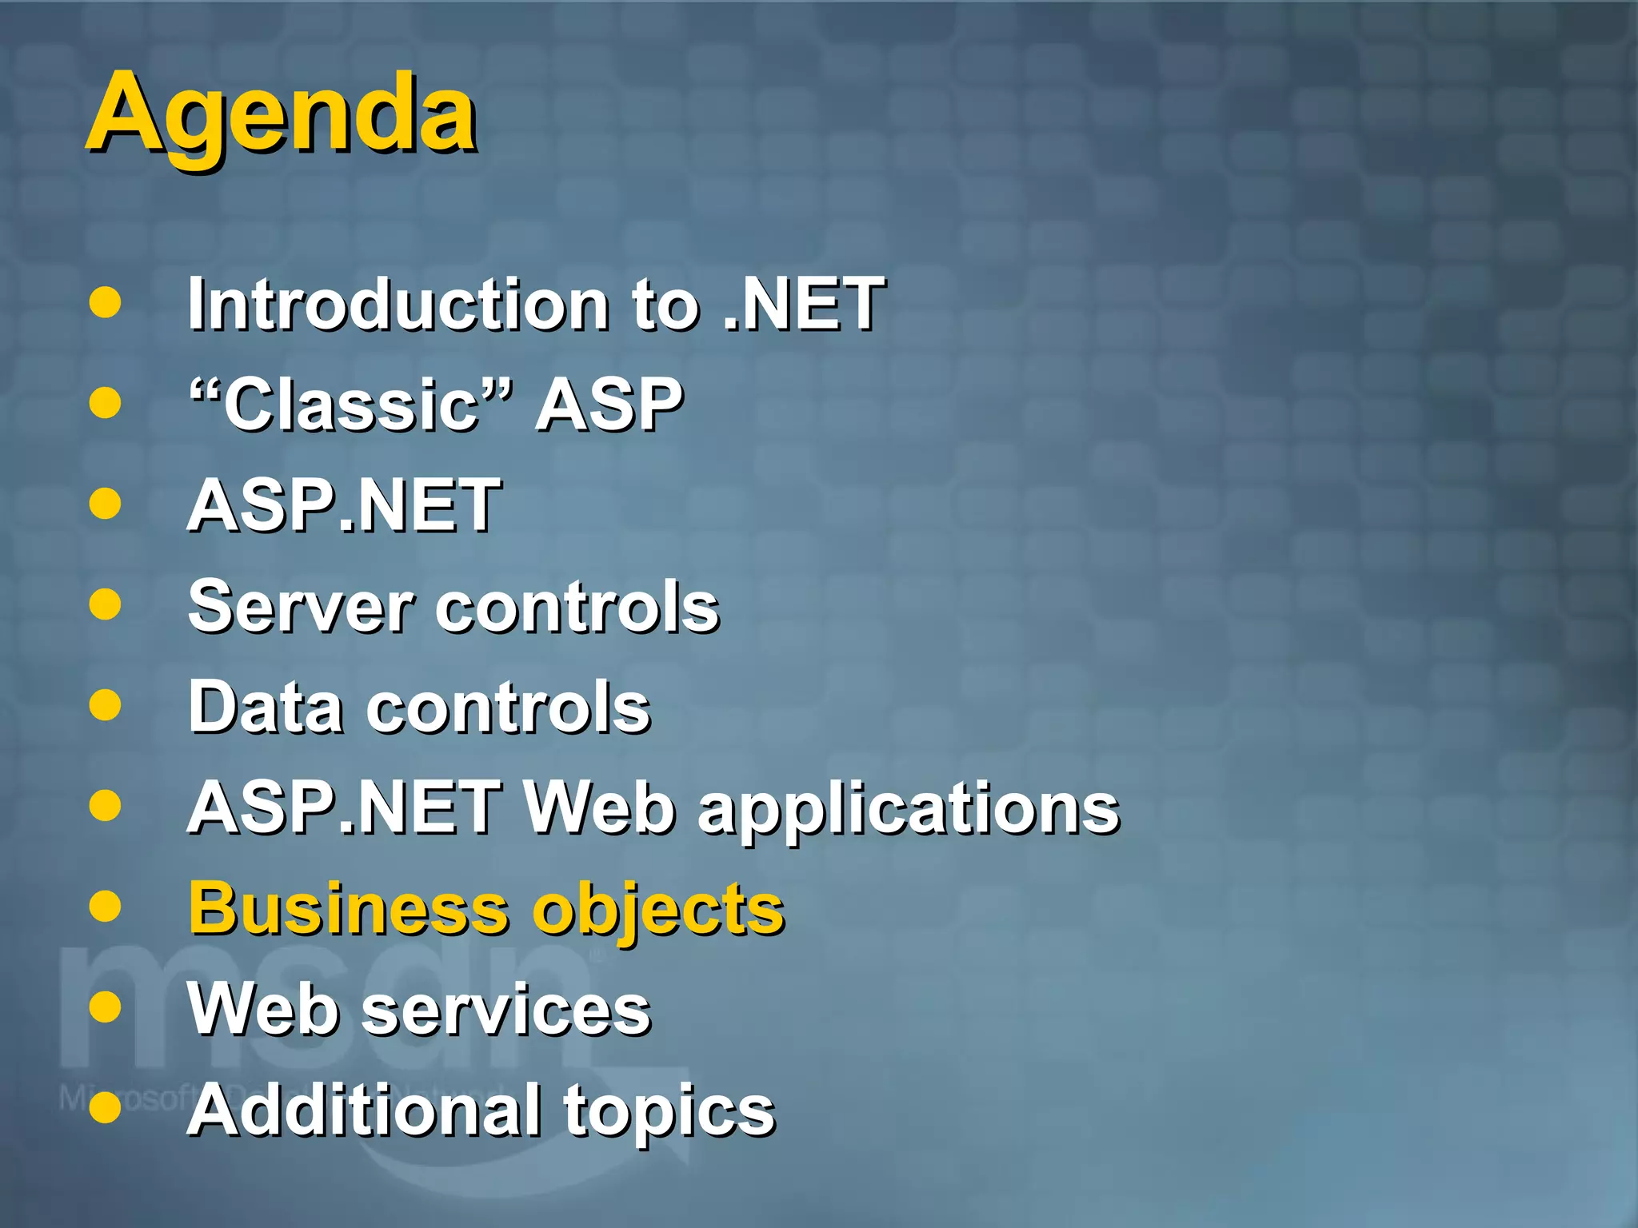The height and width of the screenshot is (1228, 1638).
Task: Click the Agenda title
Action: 282,114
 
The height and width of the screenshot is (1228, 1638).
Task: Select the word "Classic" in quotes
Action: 350,405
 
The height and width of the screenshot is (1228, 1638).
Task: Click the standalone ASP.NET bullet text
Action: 344,505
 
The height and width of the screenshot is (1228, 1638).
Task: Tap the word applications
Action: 908,809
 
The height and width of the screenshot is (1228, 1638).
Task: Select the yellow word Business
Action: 348,909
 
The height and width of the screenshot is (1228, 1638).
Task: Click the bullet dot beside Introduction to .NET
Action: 105,303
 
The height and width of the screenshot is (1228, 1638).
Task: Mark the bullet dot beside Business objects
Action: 105,907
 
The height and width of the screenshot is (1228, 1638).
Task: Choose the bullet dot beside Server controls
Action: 105,605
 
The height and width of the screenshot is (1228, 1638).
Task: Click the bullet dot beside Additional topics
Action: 105,1108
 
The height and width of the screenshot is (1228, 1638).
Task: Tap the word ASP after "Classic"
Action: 609,405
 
